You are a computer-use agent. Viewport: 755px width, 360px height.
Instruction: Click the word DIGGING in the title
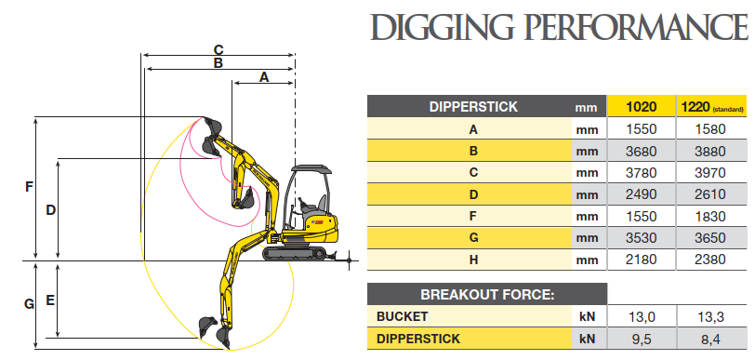(x=442, y=27)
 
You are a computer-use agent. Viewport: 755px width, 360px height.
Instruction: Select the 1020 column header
(x=642, y=106)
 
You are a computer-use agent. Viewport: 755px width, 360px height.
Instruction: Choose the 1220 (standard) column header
(x=710, y=106)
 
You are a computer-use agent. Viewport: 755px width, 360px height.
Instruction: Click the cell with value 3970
(x=710, y=172)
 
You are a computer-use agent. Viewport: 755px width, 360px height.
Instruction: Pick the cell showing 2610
(x=710, y=194)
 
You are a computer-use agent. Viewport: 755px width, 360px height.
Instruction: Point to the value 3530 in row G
(x=642, y=237)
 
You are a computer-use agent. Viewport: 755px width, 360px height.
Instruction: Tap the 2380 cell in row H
(x=710, y=260)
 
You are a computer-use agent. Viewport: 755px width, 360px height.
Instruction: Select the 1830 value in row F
(x=710, y=216)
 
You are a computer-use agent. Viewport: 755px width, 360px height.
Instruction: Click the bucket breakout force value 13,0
(x=642, y=316)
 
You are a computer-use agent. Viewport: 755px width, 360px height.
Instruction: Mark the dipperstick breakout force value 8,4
(x=710, y=340)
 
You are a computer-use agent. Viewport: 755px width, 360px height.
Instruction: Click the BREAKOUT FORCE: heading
(x=487, y=294)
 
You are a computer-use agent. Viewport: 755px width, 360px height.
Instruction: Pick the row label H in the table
(x=473, y=260)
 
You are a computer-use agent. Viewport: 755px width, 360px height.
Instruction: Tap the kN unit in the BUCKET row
(x=587, y=316)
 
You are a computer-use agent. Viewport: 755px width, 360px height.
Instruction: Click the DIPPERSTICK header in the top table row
(x=473, y=106)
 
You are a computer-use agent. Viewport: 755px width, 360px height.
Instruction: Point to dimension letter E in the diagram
(x=50, y=300)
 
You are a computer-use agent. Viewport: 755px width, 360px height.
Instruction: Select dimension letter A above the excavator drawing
(x=264, y=76)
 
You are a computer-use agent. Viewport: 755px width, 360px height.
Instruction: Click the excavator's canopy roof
(x=312, y=169)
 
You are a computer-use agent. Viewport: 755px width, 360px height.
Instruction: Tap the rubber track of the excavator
(x=295, y=253)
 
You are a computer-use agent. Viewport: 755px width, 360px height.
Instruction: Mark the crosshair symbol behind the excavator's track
(x=350, y=260)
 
